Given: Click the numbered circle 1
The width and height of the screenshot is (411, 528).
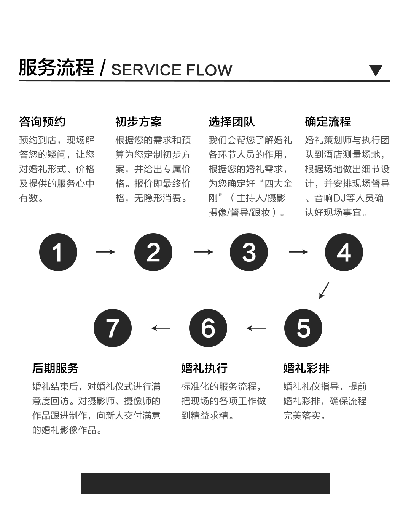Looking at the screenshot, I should [x=58, y=252].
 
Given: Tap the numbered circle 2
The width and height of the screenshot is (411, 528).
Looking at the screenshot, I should [x=153, y=252].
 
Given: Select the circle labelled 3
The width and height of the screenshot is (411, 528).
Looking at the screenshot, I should [x=249, y=252].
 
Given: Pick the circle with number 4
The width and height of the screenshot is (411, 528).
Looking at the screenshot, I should [x=344, y=252].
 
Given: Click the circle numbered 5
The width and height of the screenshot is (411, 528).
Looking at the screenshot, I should [x=303, y=328].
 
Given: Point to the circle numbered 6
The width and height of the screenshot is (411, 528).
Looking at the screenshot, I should [x=208, y=328].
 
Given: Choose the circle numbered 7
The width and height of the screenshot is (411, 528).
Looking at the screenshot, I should [x=113, y=328].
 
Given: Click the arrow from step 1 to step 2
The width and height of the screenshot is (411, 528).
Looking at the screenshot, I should [x=105, y=252].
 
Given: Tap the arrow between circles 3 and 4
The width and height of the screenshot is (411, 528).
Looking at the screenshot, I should [x=298, y=252].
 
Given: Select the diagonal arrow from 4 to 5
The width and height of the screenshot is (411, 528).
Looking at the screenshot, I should [x=324, y=291].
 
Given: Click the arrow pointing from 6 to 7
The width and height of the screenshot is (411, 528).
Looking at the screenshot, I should [x=161, y=328].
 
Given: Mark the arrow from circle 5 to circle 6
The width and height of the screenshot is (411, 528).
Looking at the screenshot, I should [x=256, y=328].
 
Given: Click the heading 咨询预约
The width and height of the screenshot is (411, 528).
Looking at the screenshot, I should [x=42, y=122].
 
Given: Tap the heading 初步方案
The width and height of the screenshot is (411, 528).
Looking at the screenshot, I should [x=139, y=122].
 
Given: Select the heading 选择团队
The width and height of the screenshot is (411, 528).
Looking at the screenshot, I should [x=231, y=122].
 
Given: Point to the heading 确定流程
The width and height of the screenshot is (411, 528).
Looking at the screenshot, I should [x=328, y=122].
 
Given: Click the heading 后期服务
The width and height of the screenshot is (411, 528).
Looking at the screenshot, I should [x=56, y=368].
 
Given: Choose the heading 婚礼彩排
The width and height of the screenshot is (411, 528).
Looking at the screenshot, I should [x=306, y=368].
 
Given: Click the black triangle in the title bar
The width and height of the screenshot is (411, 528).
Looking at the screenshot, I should [x=376, y=70].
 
